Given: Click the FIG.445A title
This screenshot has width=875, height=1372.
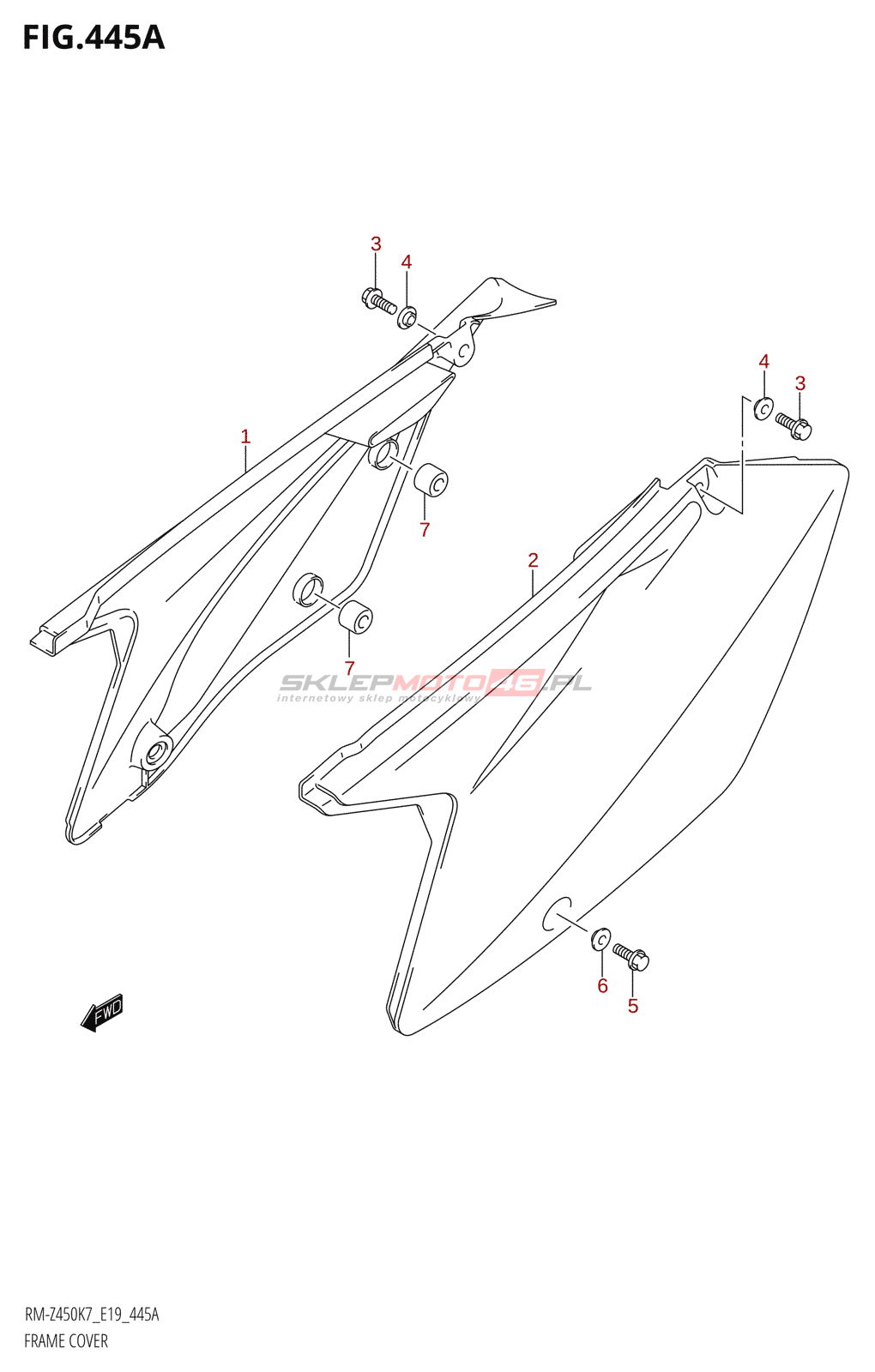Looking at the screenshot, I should click(93, 38).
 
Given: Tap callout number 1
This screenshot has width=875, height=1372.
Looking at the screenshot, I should click(245, 436).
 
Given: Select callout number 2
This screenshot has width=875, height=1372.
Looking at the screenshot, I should click(533, 560).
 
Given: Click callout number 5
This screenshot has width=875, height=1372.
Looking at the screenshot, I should click(633, 1006).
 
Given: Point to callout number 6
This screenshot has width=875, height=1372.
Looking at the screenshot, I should click(602, 986).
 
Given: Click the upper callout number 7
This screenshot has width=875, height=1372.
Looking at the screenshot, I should click(425, 530).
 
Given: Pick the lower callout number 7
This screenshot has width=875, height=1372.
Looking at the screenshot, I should click(349, 668).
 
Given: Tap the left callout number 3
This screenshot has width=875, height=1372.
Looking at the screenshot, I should click(376, 244).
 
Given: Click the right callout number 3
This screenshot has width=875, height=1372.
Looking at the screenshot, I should click(800, 383).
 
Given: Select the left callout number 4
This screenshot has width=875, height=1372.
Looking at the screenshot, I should click(407, 262).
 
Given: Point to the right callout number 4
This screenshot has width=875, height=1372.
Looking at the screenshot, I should click(763, 362).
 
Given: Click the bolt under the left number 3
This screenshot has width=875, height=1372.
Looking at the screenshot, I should click(378, 301).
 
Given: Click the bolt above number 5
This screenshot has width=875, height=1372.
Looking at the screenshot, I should click(631, 956).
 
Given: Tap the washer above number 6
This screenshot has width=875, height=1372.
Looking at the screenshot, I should click(600, 939).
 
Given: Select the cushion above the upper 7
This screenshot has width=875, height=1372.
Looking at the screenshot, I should click(431, 480).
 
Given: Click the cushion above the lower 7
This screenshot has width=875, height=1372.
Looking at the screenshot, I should click(355, 617).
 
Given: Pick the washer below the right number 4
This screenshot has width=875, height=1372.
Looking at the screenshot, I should click(763, 408).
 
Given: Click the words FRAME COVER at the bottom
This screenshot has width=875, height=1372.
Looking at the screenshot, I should click(66, 1341).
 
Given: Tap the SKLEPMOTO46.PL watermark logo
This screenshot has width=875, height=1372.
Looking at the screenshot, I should click(435, 683).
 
